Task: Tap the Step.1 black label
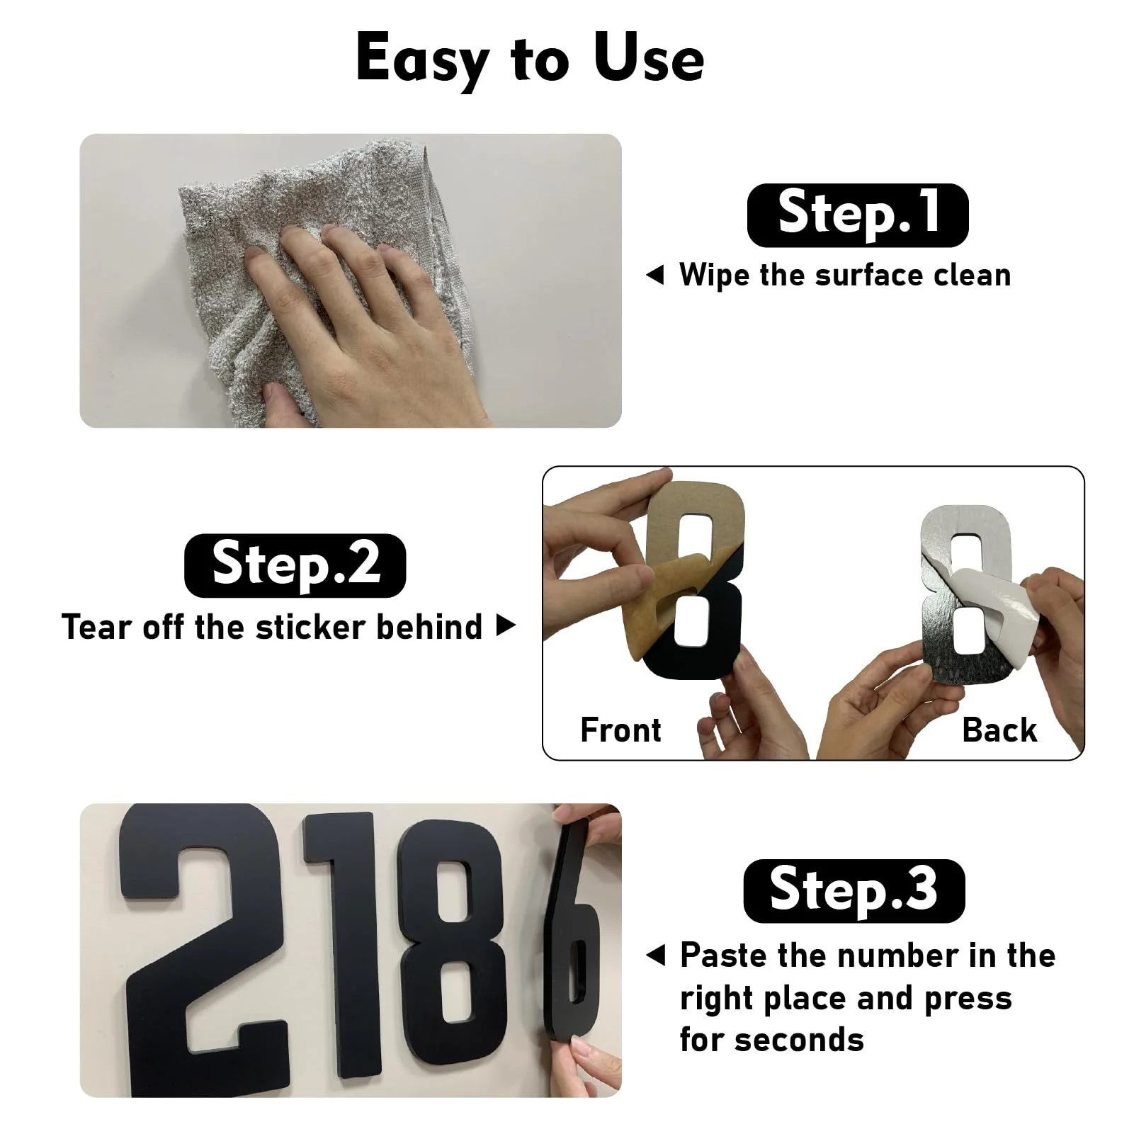coord(858,215)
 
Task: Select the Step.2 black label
coord(295,565)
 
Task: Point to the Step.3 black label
coord(854,891)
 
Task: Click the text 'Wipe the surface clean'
coord(845,275)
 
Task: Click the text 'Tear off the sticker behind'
coord(272,627)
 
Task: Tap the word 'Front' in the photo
coord(620,730)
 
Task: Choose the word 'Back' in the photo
coord(999,730)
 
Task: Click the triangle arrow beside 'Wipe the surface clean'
coord(655,275)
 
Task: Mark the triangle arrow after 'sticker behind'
coord(506,626)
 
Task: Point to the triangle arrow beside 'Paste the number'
coord(656,956)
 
